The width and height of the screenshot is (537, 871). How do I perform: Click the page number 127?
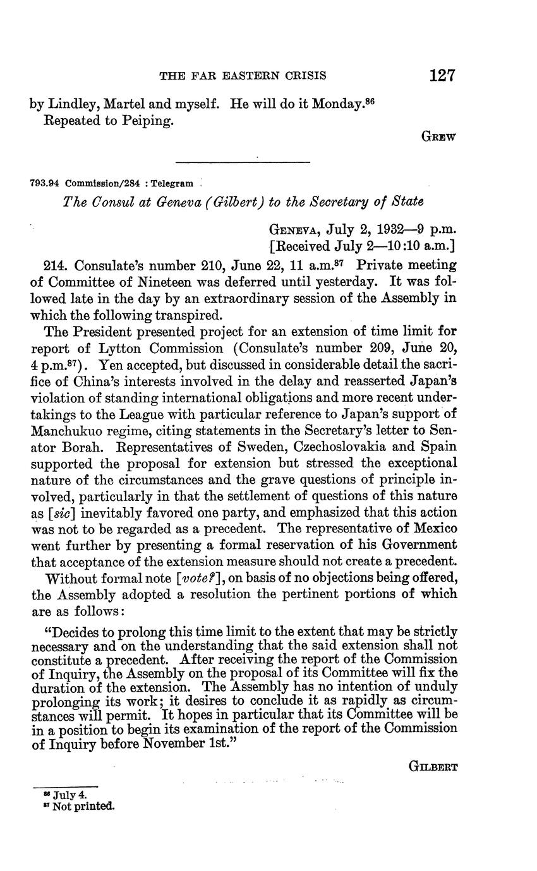[x=442, y=76]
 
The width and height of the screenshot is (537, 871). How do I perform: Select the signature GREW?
[x=438, y=135]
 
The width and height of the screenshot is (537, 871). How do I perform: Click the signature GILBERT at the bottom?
[x=433, y=767]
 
